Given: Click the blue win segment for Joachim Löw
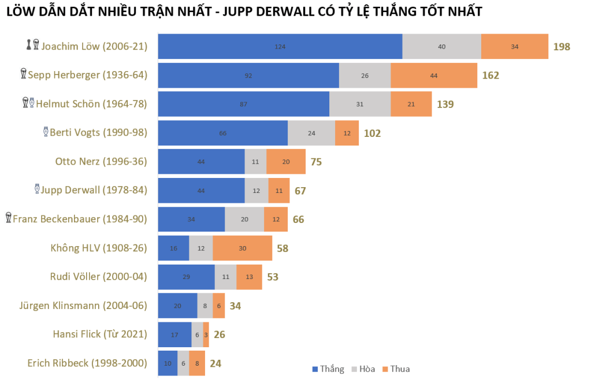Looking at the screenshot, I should coord(280,46).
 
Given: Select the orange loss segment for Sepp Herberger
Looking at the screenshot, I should coord(434,75).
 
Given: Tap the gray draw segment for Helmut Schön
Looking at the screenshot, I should coord(360,104).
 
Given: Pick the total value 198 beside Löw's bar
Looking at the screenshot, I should coord(562,47).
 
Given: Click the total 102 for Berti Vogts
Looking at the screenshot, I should coord(373,133).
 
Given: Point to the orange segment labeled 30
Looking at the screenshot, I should coord(243,248).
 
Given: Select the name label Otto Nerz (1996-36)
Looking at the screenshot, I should coord(101,162).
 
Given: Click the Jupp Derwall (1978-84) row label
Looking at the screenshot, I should coord(94,190).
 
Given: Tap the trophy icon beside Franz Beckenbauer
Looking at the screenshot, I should coord(8,218).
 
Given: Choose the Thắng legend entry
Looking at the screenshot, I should coord(328,369).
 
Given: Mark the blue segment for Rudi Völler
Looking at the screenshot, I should coord(186,277).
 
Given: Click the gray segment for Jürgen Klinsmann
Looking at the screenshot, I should coord(205,306).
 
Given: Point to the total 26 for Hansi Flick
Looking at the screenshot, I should coord(220,335).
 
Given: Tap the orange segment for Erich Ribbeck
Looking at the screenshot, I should coord(197,364).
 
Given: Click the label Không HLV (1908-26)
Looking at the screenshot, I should coord(99,248).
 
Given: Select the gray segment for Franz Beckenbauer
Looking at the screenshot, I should coord(244,220).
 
